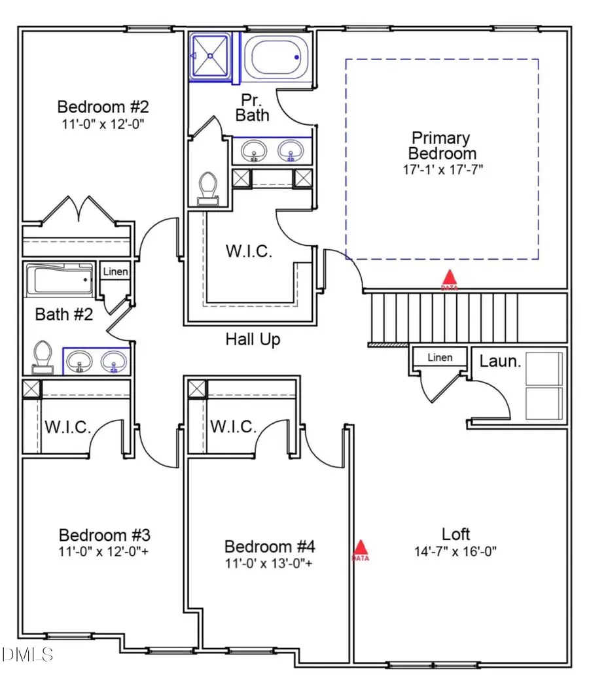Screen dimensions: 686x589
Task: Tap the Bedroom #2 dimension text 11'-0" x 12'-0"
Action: (100, 124)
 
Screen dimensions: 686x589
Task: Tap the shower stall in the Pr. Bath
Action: (211, 56)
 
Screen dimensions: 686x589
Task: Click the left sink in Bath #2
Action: (80, 360)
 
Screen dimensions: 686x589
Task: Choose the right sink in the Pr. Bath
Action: (289, 151)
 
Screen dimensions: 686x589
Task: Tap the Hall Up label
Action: (253, 339)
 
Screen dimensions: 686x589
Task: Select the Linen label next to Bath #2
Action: (115, 271)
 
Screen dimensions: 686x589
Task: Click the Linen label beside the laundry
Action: (440, 358)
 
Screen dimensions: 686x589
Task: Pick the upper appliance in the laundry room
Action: (544, 369)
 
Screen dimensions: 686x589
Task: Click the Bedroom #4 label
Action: (270, 546)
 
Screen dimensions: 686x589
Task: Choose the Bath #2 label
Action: (64, 315)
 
